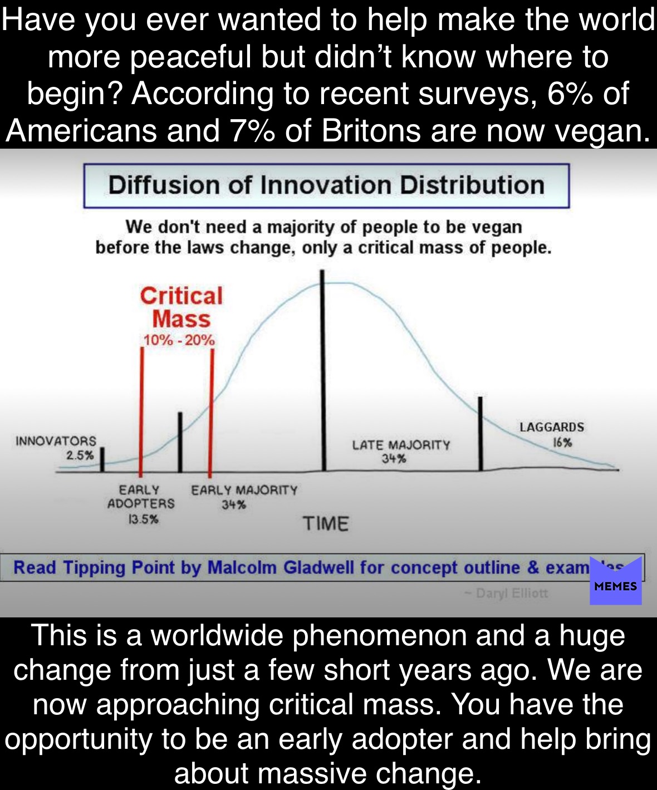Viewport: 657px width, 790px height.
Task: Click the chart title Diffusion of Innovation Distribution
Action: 326,185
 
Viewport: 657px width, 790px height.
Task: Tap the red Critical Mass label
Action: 182,307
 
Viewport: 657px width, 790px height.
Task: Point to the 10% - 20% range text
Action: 179,340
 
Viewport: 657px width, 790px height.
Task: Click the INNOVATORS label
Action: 56,441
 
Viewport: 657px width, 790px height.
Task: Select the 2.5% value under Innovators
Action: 80,455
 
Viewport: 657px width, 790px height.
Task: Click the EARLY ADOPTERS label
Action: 141,497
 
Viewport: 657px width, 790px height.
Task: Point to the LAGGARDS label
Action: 552,427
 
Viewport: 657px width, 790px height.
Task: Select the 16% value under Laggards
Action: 562,442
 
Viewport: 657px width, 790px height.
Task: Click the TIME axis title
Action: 326,524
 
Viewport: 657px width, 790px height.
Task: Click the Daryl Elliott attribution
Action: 507,593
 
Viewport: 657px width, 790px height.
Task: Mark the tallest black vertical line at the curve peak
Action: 323,370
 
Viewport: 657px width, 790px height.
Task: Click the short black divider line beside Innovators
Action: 102,460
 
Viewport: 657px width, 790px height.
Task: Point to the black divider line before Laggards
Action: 481,434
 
